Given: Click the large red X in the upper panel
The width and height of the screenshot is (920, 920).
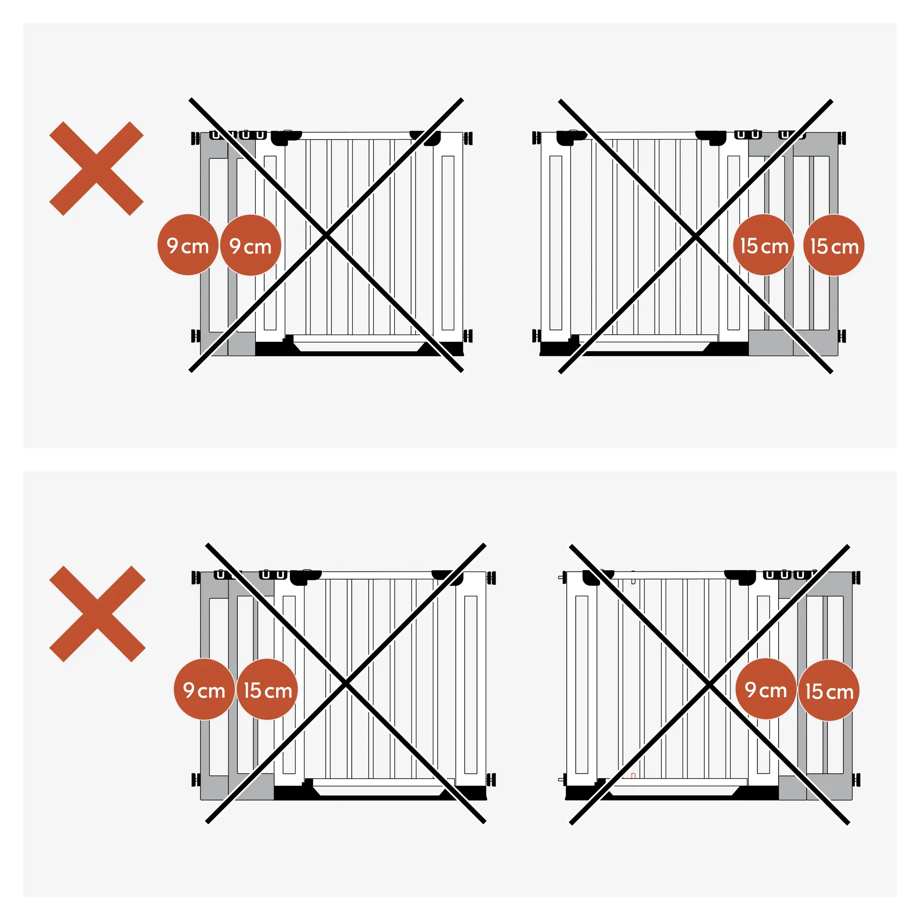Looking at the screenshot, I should [x=96, y=169].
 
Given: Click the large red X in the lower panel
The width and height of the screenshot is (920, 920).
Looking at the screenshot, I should [x=97, y=614].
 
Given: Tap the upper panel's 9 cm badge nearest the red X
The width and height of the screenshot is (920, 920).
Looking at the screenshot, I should [x=188, y=245].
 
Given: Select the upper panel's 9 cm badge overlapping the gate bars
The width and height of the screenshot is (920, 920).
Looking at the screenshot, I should [x=251, y=245].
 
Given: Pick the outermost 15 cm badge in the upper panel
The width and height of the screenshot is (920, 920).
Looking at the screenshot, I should [x=834, y=245].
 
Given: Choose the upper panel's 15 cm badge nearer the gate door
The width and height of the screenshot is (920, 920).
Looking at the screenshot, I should [x=764, y=245].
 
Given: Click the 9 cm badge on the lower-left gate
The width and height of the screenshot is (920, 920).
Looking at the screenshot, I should [x=204, y=689].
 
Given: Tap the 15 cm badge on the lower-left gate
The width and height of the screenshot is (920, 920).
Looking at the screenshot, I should [x=267, y=689].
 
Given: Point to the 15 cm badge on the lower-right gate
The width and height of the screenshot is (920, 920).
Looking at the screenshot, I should [x=829, y=690].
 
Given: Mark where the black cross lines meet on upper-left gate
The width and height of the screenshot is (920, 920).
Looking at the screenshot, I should [x=326, y=235].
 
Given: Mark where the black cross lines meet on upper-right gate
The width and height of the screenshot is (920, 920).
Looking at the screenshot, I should [x=696, y=236].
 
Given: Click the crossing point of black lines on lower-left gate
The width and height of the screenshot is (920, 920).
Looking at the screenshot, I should [x=346, y=684].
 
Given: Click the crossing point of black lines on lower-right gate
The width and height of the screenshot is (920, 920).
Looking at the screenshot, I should [x=710, y=685].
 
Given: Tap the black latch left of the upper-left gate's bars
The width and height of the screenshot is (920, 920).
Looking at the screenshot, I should [x=285, y=137].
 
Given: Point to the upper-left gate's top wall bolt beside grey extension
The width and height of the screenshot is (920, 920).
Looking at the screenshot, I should [x=195, y=139].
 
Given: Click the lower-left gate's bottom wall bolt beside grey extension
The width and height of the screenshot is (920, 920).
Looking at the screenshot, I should [x=195, y=780].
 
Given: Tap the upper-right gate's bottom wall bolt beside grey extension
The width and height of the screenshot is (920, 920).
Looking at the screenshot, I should [x=842, y=336].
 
